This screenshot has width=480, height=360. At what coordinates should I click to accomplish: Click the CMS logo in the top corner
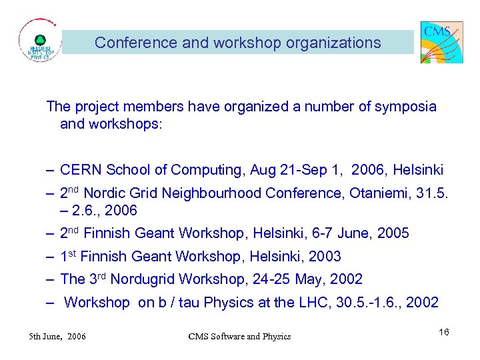point(441,42)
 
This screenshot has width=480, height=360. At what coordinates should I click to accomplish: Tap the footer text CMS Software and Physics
point(239,336)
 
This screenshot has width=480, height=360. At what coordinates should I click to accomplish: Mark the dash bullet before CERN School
point(50,171)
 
